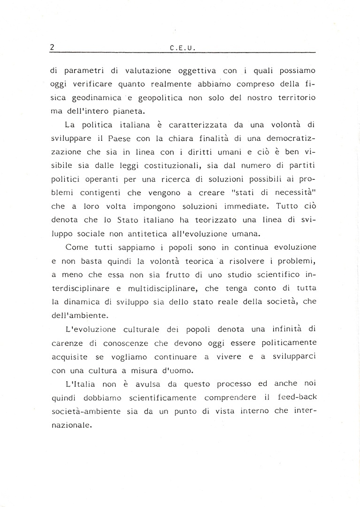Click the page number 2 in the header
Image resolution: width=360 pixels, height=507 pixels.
[x=53, y=47]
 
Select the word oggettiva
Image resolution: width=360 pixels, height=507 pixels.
[x=197, y=71]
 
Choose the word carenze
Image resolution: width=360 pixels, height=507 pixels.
[x=66, y=344]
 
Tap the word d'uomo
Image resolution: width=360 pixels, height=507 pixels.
[x=166, y=370]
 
